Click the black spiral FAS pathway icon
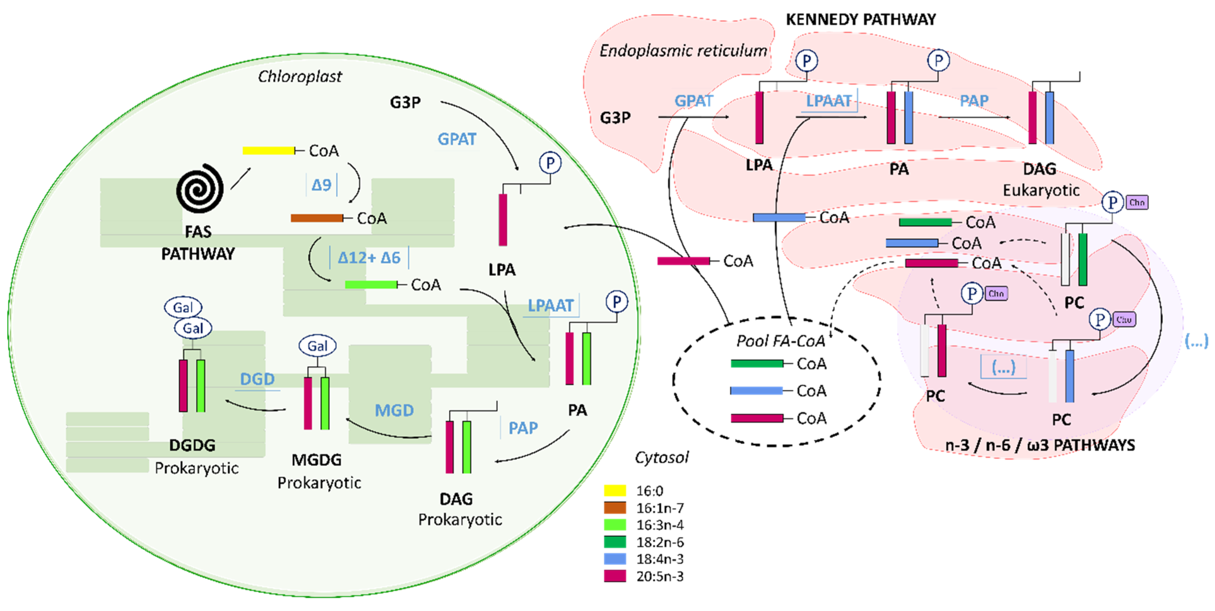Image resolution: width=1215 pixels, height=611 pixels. pos(200,188)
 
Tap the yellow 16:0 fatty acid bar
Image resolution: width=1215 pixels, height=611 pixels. pos(268,151)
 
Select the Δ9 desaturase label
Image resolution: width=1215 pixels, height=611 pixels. pos(321,185)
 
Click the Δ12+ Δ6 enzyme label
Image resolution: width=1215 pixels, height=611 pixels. pos(369,257)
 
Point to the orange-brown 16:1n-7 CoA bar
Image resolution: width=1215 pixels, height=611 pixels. pos(316,218)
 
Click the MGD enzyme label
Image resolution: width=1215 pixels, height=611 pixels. pos(394,410)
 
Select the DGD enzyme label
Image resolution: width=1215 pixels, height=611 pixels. pos(257,379)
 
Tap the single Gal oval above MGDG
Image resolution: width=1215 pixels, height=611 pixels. pos(317,346)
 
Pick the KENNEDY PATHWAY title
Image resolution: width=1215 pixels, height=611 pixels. pos(860,19)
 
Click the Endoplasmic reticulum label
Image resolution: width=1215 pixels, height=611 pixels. pos(683,50)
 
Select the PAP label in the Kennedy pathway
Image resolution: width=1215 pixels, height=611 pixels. pos(974,100)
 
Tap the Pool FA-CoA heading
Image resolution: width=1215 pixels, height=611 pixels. pos(780,341)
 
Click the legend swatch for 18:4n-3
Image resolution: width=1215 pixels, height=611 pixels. pos(615,559)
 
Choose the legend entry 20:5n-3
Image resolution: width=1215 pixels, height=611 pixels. pos(659,576)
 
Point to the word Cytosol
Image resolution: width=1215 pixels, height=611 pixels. pos(661,457)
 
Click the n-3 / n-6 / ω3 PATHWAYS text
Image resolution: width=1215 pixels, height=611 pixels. pos(1040,445)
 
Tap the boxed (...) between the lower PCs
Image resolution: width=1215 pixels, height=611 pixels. pos(1003,367)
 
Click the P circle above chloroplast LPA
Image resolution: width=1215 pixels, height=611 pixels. pos(550,163)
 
